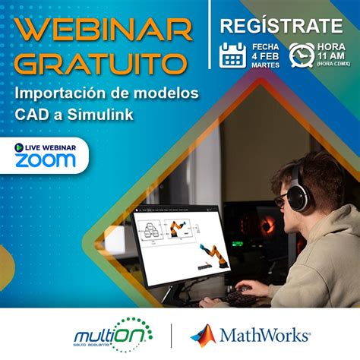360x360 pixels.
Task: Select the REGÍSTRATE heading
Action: click(x=281, y=26)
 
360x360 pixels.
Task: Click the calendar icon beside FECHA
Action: click(x=232, y=55)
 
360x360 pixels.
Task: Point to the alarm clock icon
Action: click(x=302, y=54)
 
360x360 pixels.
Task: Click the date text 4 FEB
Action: click(x=262, y=55)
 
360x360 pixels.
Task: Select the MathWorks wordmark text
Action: click(x=264, y=334)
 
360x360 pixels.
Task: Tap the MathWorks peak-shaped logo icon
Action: click(x=203, y=333)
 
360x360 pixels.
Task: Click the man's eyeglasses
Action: click(x=281, y=199)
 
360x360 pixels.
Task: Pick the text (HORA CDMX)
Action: click(x=331, y=63)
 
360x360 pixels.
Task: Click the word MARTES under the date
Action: click(x=263, y=65)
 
